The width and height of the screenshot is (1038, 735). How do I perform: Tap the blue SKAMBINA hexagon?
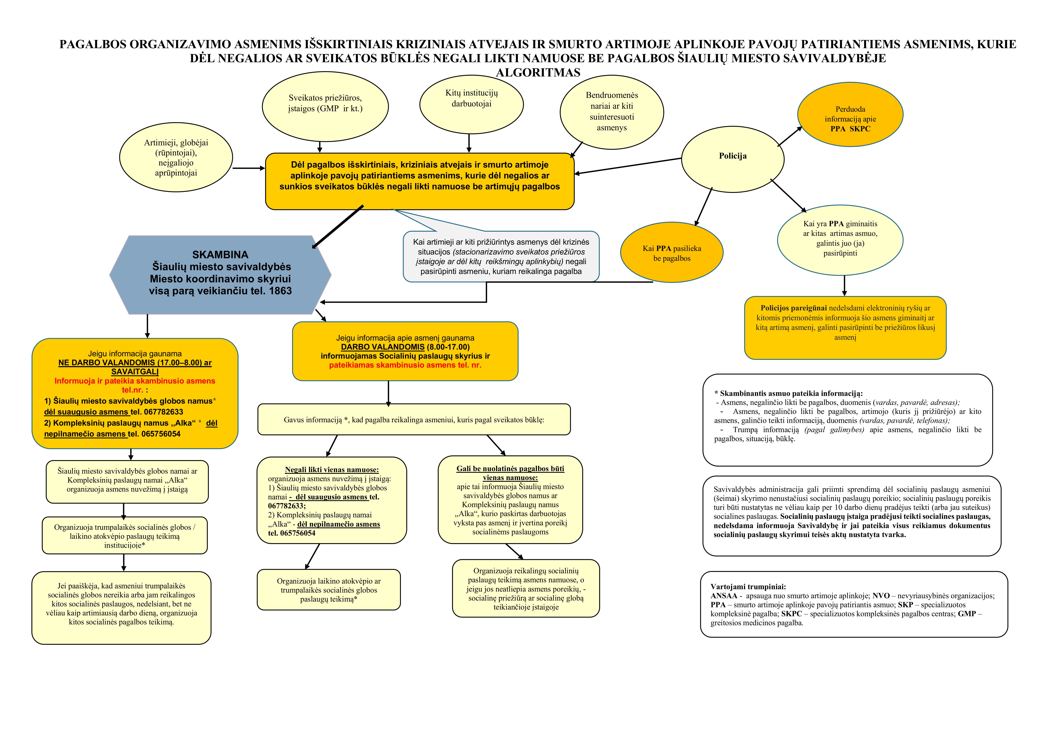[x=220, y=275]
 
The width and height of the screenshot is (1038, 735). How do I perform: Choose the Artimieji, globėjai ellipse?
[x=176, y=158]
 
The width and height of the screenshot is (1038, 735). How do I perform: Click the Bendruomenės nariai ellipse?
[x=612, y=111]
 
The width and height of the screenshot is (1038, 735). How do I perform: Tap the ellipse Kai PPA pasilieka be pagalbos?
[x=672, y=253]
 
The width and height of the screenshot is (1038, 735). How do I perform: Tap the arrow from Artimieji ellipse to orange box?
[x=249, y=168]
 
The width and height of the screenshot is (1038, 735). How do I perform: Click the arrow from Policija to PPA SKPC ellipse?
[x=789, y=137]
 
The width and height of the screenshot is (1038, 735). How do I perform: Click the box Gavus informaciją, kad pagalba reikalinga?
[x=414, y=420]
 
